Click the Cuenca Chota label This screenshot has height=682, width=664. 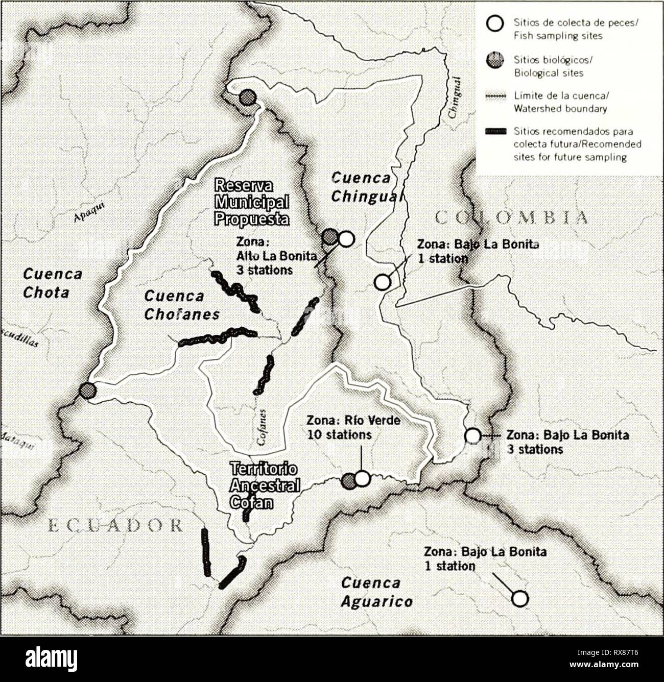46,283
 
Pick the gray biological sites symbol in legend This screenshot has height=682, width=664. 495,60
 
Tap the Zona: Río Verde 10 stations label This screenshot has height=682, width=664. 353,427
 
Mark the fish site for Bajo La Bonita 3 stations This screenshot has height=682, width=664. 473,435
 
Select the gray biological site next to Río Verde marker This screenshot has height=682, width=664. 349,480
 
